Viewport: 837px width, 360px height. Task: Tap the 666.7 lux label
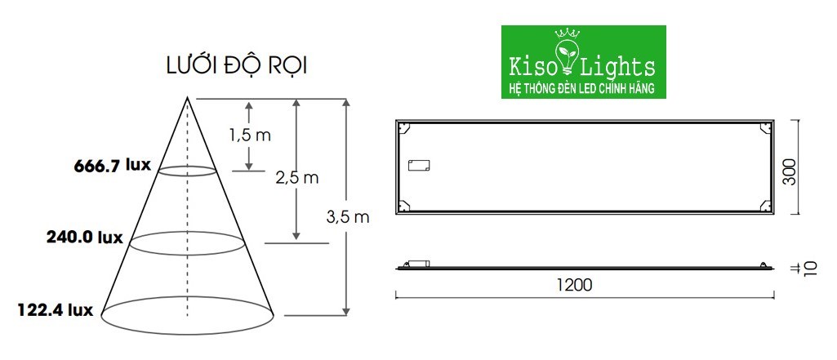[x=113, y=166]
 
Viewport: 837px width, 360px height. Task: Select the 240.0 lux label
[x=84, y=238]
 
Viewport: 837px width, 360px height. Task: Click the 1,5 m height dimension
[x=249, y=136]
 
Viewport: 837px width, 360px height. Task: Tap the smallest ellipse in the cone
[x=187, y=171]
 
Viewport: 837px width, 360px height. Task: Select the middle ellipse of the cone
[x=188, y=242]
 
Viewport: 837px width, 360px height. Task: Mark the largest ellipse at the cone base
[x=187, y=313]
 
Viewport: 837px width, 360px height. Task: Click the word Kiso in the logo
[x=530, y=66]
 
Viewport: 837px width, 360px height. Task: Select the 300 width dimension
[x=789, y=168]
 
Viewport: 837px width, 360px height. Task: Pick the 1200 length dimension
[x=574, y=285]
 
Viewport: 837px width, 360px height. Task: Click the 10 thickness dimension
[x=808, y=269]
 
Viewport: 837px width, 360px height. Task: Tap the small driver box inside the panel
[x=419, y=165]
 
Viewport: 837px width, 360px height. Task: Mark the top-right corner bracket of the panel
[x=764, y=127]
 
